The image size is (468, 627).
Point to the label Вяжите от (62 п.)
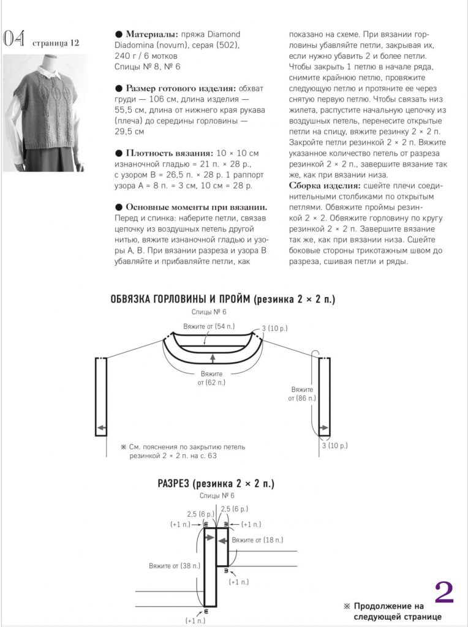[211, 378]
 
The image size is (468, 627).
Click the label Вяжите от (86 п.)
[302, 394]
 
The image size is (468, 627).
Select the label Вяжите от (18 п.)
[257, 539]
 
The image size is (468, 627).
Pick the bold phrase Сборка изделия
[325, 185]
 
